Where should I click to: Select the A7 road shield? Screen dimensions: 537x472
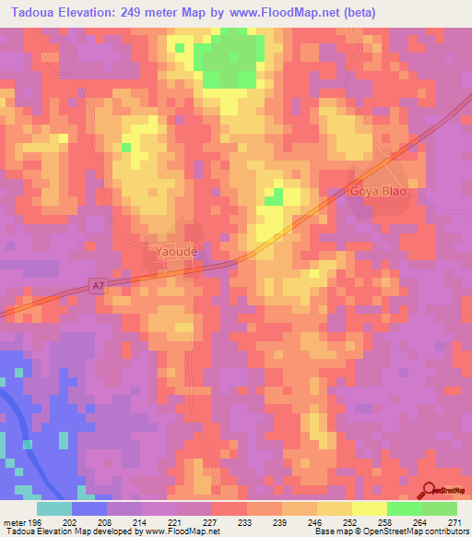(99, 287)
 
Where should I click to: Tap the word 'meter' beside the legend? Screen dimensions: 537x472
(14, 521)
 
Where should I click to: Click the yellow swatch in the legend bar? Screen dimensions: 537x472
(369, 508)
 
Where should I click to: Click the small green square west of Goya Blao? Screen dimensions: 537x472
(273, 196)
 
